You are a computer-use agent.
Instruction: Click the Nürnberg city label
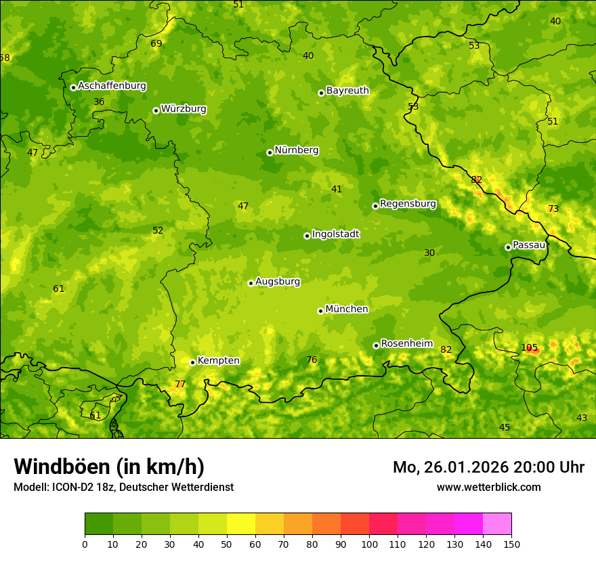pos(296,150)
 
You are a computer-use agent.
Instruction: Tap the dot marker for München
pos(320,311)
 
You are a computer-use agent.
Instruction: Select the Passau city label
pos(529,245)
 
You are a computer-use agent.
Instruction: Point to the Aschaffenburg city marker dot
pos(73,87)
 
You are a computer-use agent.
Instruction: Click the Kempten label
pos(218,361)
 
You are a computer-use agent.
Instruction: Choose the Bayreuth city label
pos(347,91)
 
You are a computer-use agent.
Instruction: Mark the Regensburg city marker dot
pos(375,206)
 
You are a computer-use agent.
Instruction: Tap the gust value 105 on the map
pos(530,348)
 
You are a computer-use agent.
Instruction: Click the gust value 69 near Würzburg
pos(156,44)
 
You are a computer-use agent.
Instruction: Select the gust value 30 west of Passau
pos(429,253)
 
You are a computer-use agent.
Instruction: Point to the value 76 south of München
pos(312,360)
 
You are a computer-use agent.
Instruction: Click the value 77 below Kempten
pos(180,385)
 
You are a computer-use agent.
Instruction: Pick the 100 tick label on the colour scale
pos(369,544)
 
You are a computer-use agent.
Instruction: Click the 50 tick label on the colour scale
pos(227,544)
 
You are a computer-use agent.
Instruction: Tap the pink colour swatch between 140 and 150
pos(497,524)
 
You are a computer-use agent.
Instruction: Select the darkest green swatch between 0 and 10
pos(99,524)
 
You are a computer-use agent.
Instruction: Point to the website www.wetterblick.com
pos(488,487)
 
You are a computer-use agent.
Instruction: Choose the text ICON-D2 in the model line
pos(72,487)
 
